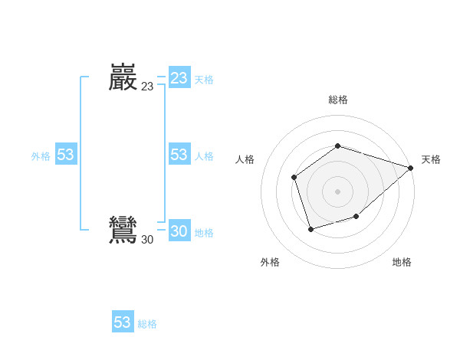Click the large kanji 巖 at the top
click(x=123, y=77)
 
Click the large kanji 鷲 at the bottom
click(x=123, y=231)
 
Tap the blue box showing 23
click(x=179, y=78)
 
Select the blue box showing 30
click(x=179, y=231)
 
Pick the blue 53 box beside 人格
click(x=179, y=155)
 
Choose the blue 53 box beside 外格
click(x=65, y=155)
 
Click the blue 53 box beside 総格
click(x=123, y=322)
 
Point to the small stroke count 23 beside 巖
click(x=147, y=87)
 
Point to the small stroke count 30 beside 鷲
click(x=147, y=240)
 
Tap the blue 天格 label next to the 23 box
click(x=204, y=80)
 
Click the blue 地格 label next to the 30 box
click(x=204, y=233)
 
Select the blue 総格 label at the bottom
click(x=147, y=324)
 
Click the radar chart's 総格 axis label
click(x=338, y=100)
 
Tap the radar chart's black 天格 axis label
click(x=432, y=159)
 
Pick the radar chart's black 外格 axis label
click(x=270, y=262)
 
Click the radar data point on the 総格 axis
click(x=338, y=146)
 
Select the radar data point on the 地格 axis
click(x=356, y=217)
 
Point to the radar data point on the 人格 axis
click(x=294, y=178)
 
